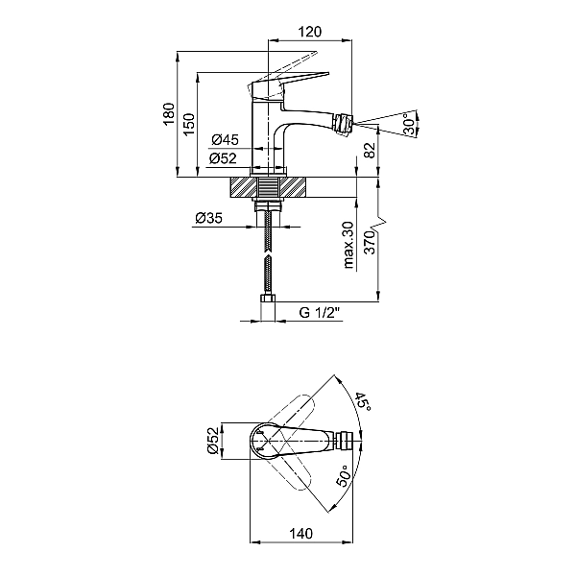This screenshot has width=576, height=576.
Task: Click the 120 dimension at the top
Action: click(x=308, y=31)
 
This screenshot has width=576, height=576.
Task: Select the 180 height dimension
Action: click(x=169, y=115)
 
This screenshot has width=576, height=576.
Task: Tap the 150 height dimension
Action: click(x=189, y=123)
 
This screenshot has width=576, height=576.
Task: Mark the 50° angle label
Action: click(x=343, y=477)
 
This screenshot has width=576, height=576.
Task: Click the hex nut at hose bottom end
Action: click(x=268, y=310)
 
